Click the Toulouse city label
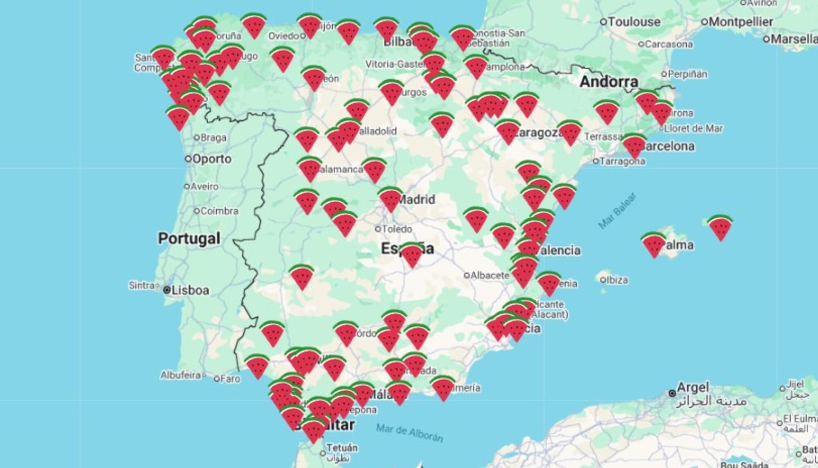point(634,22)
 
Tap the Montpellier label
point(741,22)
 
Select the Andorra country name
point(609,82)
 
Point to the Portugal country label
point(189,238)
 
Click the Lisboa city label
point(190,290)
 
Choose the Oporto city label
point(211,159)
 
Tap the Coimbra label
point(219,211)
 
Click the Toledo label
point(397,229)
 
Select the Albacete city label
point(490,276)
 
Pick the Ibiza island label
point(617,280)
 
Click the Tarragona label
point(622,161)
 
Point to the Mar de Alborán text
point(409,433)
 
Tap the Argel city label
point(692,387)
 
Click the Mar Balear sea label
point(617,210)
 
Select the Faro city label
point(230,379)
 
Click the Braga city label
point(213,138)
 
